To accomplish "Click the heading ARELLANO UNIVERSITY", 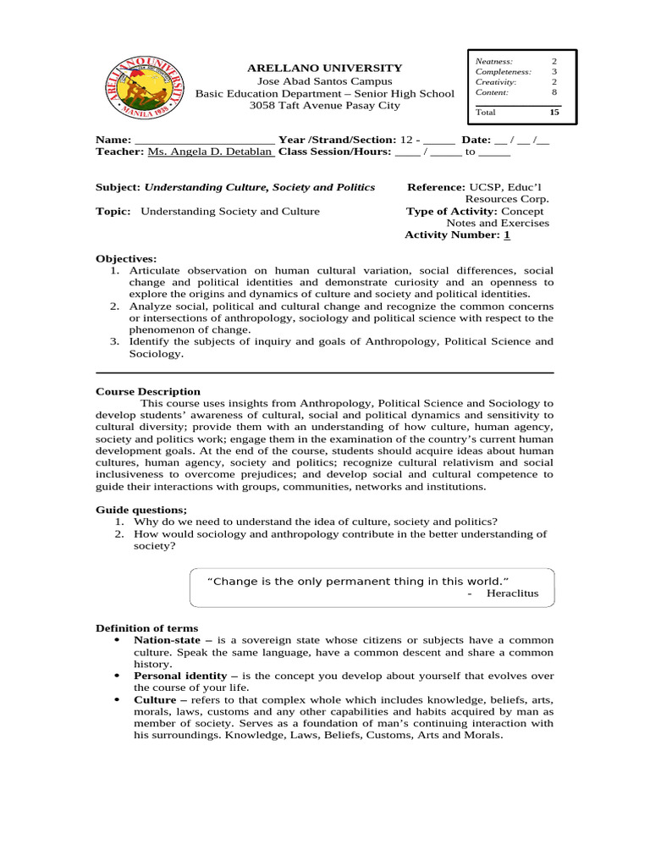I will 324,68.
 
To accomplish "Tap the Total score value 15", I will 554,112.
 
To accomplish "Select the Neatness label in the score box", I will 493,62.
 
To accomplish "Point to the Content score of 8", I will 554,92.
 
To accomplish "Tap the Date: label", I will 476,140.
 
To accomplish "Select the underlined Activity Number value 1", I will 507,235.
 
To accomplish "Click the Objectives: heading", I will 125,258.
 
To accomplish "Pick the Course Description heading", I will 148,391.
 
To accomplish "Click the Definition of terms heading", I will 146,628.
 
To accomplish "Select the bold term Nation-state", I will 167,640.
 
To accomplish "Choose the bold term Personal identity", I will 180,676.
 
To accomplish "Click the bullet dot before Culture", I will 116,700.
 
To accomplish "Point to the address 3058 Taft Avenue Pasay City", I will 324,106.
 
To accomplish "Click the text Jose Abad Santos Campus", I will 324,81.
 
